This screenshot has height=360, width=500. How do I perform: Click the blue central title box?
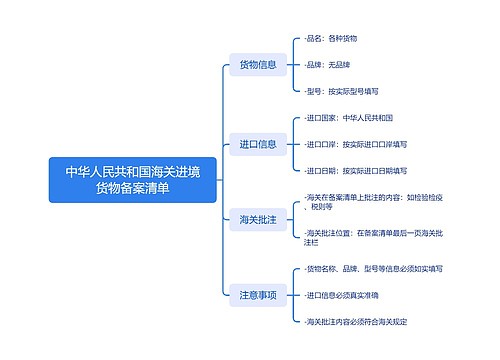pyautogui.click(x=132, y=180)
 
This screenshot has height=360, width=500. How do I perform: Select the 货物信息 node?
pyautogui.click(x=257, y=65)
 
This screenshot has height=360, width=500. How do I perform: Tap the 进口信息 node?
pyautogui.click(x=257, y=143)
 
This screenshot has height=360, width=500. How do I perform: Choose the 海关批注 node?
pyautogui.click(x=257, y=218)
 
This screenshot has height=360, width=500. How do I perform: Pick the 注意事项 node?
pyautogui.click(x=257, y=295)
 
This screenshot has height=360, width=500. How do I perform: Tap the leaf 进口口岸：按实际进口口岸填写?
pyautogui.click(x=361, y=143)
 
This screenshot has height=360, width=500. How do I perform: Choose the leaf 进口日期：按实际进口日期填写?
pyautogui.click(x=361, y=170)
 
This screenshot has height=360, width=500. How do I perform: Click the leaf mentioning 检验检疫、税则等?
pyautogui.click(x=369, y=202)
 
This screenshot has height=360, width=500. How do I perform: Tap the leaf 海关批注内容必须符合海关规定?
pyautogui.click(x=356, y=322)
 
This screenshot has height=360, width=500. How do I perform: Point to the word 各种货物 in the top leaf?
pyautogui.click(x=342, y=38)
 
